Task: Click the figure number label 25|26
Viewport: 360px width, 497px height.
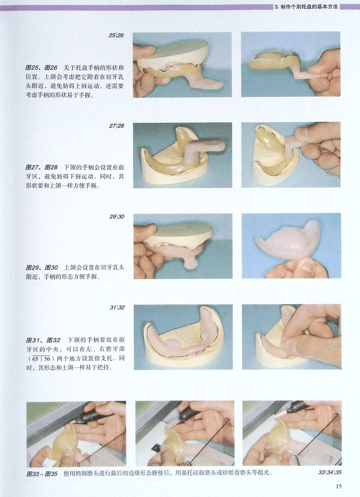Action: pos(116,36)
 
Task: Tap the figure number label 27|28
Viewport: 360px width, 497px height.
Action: pos(116,126)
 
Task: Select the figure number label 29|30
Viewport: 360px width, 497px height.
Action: pos(117,217)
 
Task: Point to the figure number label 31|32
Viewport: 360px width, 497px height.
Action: pos(117,307)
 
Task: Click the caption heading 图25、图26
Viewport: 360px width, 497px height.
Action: pos(41,67)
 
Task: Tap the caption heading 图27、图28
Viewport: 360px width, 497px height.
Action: pos(42,167)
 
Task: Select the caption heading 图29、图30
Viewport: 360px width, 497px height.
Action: pos(42,267)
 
